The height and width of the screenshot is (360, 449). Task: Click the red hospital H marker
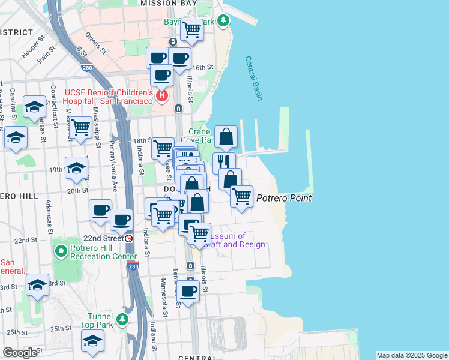(161, 95)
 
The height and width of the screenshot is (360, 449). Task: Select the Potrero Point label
(284, 198)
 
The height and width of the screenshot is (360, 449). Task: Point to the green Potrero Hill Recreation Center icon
(60, 249)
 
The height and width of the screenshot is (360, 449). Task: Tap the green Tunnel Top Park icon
(122, 319)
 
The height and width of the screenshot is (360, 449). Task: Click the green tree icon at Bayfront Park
(223, 22)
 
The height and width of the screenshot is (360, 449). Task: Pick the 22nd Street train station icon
(128, 238)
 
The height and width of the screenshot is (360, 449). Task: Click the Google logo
(20, 353)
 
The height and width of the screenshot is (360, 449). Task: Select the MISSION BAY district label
(169, 4)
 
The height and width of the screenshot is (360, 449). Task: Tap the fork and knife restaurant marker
(224, 161)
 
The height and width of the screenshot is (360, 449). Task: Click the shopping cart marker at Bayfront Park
(191, 29)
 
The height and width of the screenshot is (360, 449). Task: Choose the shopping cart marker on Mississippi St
(80, 127)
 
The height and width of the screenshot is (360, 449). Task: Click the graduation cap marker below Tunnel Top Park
(92, 341)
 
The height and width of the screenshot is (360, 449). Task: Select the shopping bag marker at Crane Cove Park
(226, 137)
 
